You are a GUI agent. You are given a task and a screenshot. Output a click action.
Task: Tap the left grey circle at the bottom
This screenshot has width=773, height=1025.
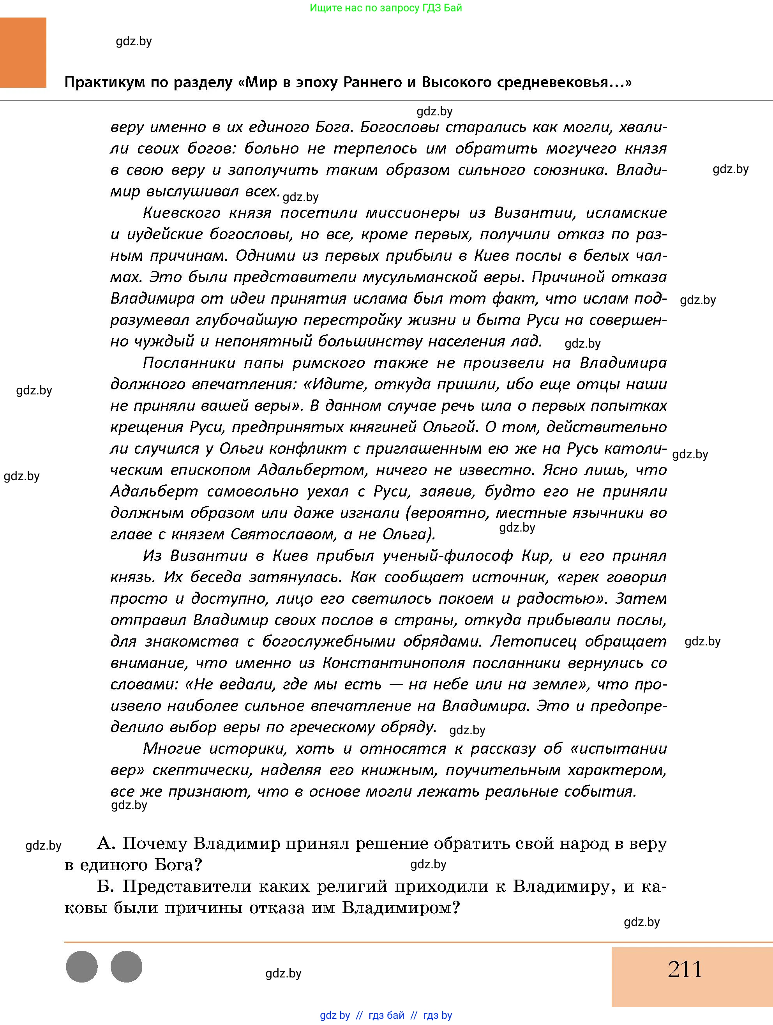[82, 967]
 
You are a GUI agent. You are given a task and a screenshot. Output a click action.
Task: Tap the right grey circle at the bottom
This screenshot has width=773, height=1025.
[127, 967]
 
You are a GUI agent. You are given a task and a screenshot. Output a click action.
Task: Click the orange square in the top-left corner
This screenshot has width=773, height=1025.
[23, 52]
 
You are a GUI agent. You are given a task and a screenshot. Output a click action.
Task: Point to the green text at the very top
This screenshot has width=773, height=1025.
[386, 8]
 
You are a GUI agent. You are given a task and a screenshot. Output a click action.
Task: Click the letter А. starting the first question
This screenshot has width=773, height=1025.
[106, 844]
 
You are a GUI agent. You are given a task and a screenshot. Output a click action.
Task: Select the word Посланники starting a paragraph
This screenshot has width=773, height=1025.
[189, 363]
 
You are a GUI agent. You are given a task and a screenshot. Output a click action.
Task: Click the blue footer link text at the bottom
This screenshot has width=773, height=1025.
[386, 1015]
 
